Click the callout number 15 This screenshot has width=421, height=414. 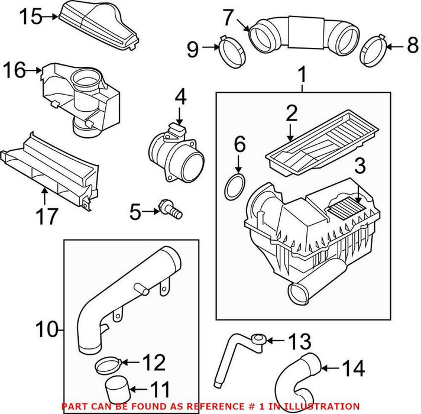pyautogui.click(x=29, y=17)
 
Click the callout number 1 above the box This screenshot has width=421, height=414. pyautogui.click(x=303, y=75)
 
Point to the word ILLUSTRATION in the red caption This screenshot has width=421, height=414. pyautogui.click(x=323, y=406)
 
